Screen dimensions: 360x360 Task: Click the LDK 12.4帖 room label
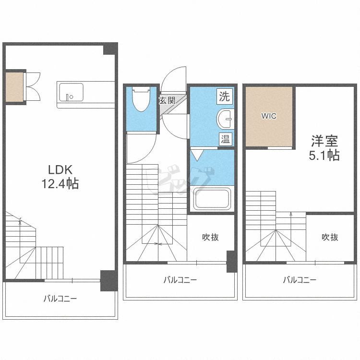pos(60,177)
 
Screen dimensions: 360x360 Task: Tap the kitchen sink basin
pos(71,92)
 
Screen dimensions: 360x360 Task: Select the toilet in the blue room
pos(141,99)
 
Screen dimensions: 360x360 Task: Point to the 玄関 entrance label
pos(168,100)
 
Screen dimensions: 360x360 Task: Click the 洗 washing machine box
pos(225,96)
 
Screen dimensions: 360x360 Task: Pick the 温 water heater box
pos(225,139)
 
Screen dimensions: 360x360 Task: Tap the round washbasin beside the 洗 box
pos(225,119)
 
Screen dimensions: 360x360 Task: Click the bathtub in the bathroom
pos(212,199)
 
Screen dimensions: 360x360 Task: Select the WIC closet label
pos(269,116)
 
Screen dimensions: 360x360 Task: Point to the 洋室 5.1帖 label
pos(324,148)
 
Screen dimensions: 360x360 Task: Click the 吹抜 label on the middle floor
pos(210,237)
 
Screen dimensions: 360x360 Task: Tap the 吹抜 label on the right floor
pos(330,237)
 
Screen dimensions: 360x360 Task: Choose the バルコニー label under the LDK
pos(60,299)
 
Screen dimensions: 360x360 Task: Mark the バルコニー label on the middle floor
pos(180,280)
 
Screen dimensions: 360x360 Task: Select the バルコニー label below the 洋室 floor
pos(300,280)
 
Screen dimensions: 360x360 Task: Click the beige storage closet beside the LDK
pos(14,87)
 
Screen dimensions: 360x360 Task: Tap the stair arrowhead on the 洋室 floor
pos(291,214)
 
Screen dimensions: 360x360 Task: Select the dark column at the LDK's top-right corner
pos(110,49)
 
